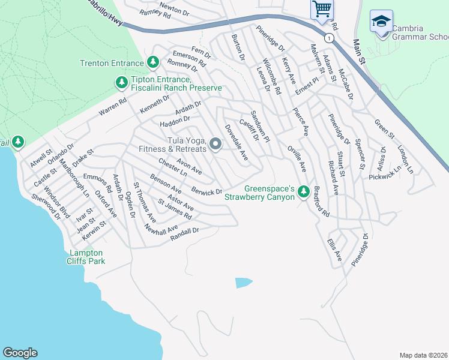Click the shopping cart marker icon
(x=322, y=10)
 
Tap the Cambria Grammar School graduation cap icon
(x=381, y=22)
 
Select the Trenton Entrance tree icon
(x=153, y=62)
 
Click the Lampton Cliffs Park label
(x=86, y=257)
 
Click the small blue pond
(x=243, y=282)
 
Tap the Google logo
(x=20, y=353)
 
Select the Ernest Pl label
(x=306, y=87)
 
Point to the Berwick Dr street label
(x=207, y=191)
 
